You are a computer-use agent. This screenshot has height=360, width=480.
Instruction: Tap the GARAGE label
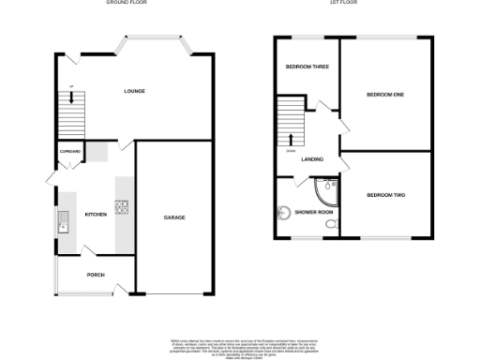pos(174,217)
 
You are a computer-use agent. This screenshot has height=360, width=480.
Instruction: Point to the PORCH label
pos(95,275)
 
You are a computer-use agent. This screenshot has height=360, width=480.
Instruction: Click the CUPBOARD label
pos(70,151)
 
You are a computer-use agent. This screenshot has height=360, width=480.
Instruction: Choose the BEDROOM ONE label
pos(384,94)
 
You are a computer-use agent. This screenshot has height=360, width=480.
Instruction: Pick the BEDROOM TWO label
pos(385,194)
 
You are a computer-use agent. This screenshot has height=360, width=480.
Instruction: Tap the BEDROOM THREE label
pos(305,67)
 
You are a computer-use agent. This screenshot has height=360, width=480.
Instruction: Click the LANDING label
pos(312,158)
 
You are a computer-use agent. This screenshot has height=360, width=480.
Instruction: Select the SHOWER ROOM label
pos(314,213)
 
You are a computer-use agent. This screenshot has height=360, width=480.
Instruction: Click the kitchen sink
pos(63,222)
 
